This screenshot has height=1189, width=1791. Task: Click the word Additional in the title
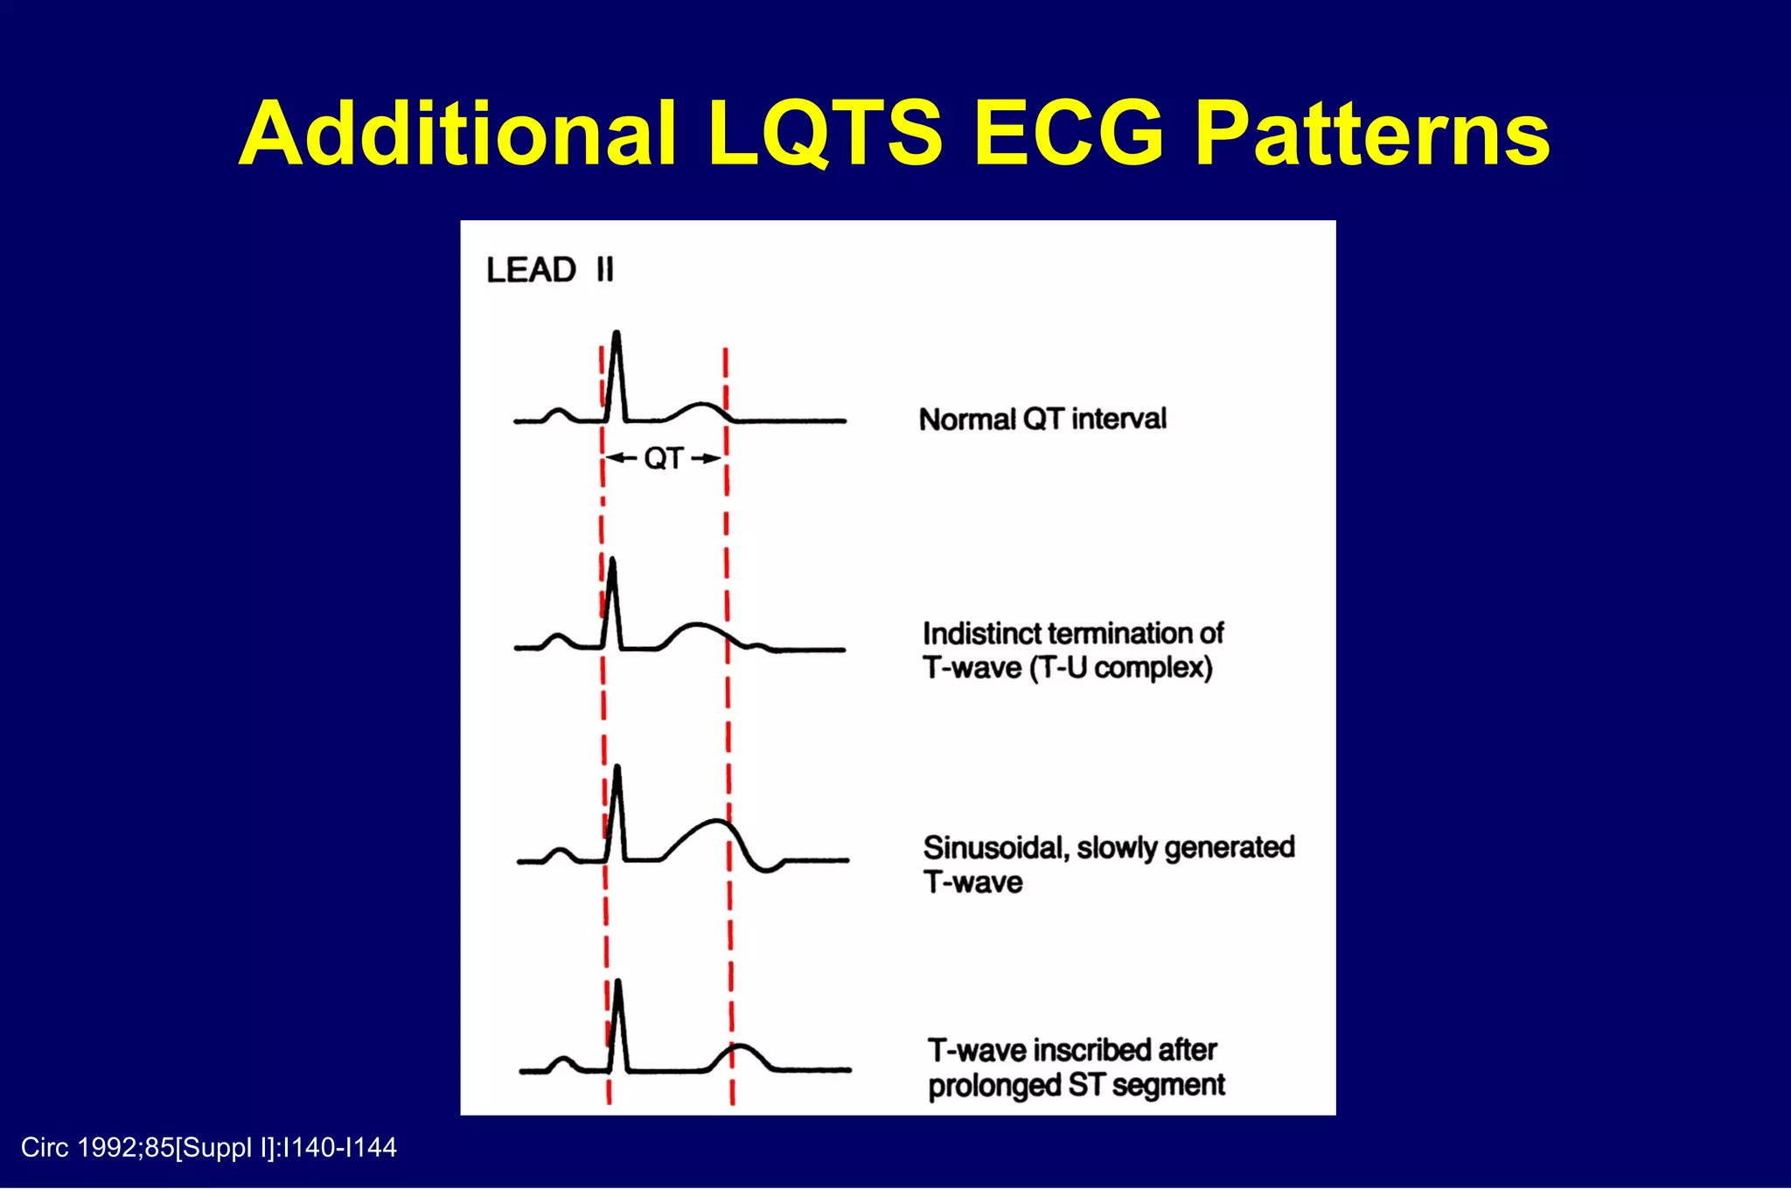458,135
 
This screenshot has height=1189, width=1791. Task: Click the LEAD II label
550,269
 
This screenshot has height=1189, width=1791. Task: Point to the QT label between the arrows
663,458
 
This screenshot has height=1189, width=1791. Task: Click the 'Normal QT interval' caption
1042,419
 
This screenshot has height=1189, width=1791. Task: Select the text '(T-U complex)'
1121,668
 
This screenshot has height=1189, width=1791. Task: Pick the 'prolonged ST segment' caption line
1076,1085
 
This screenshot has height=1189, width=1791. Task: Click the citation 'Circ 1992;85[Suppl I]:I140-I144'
208,1147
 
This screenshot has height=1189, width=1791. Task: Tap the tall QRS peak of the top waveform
617,337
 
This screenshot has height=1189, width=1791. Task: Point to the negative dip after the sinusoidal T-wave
767,868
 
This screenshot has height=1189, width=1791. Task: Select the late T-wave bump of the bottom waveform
740,1046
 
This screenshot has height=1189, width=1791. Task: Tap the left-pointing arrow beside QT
621,458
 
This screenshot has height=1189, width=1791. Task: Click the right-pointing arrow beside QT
707,458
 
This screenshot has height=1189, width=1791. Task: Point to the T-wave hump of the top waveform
700,405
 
